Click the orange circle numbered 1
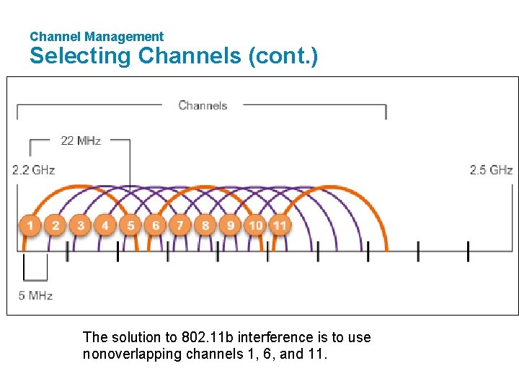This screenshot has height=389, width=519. click(30, 225)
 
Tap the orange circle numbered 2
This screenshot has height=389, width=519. click(56, 225)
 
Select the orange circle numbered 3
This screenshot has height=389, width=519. click(81, 225)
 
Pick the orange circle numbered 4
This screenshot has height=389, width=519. click(105, 225)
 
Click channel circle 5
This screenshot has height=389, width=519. click(130, 225)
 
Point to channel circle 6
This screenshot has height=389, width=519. click(156, 225)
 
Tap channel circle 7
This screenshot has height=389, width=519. click(180, 225)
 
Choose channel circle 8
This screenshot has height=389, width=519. click(205, 225)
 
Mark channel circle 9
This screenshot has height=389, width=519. click(230, 225)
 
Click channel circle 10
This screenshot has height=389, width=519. click(255, 225)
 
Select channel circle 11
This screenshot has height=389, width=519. click(280, 225)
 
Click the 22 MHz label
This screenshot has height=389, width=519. click(81, 140)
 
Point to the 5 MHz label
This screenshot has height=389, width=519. click(35, 295)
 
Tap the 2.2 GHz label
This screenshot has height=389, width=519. click(33, 170)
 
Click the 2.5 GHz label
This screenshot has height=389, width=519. click(491, 170)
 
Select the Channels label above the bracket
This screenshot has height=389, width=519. click(203, 105)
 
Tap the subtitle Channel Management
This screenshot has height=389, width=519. click(97, 36)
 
